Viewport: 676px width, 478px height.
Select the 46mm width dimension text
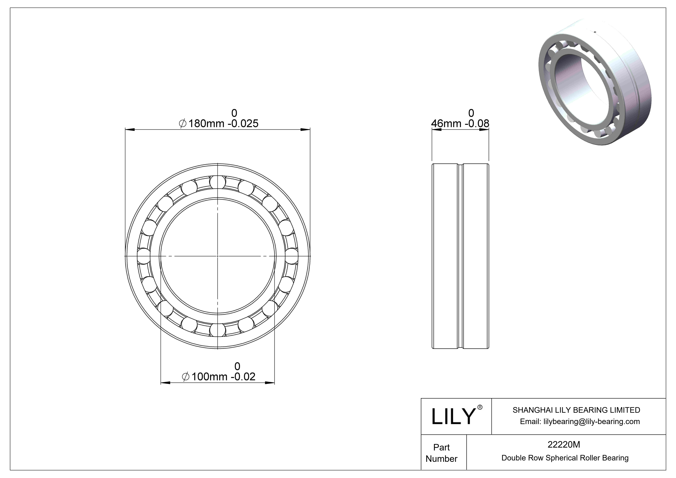click(460, 123)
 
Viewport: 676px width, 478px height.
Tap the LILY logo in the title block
click(453, 417)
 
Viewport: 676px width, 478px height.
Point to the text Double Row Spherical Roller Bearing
click(565, 458)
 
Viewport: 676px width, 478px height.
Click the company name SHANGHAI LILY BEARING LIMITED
click(576, 410)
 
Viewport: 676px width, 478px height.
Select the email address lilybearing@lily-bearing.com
click(580, 422)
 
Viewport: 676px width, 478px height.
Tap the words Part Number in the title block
click(441, 453)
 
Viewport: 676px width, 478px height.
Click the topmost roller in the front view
click(218, 182)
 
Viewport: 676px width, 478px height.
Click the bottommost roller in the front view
click(218, 330)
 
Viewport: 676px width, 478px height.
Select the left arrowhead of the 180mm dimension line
click(130, 129)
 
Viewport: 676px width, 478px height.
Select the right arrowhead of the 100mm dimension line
click(270, 383)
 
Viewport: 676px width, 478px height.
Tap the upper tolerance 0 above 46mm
click(471, 113)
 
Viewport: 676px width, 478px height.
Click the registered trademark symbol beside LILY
click(480, 407)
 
